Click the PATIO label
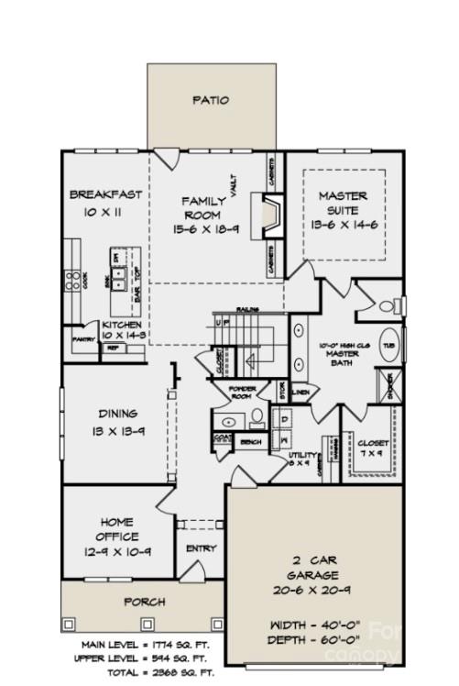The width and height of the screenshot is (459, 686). click(x=212, y=100)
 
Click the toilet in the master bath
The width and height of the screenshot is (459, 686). click(x=394, y=306)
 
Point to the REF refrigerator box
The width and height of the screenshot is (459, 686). click(x=113, y=348)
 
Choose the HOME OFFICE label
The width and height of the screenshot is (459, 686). click(x=117, y=529)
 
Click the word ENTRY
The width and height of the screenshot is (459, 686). click(x=201, y=548)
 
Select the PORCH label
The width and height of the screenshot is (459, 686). click(x=144, y=602)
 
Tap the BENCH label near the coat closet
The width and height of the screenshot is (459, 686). click(x=249, y=442)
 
